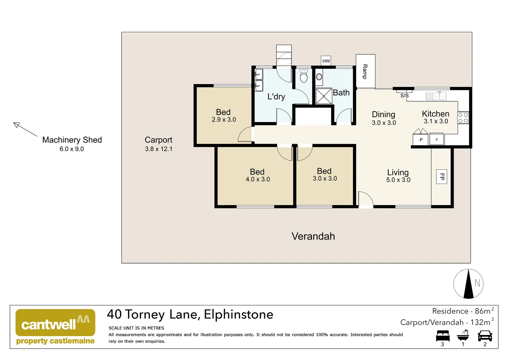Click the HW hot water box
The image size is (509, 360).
(x=326, y=61)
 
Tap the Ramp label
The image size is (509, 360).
(x=365, y=72)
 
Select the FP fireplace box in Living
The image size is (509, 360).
(x=442, y=177)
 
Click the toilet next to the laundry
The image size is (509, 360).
(x=303, y=76)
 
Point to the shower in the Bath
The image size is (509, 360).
(x=324, y=96)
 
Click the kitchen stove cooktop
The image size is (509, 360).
(x=463, y=118)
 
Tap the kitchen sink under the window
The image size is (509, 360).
(x=436, y=96)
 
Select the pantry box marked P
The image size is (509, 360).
(x=420, y=139)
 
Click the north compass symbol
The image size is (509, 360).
(x=468, y=284)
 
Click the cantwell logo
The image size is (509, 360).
(x=55, y=327)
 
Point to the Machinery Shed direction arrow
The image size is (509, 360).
(x=25, y=129)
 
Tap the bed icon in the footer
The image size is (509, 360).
(x=442, y=336)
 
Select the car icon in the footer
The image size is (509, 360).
(x=485, y=336)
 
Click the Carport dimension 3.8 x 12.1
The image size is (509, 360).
(x=159, y=149)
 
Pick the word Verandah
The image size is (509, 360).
(x=313, y=236)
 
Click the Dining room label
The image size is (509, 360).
(x=383, y=115)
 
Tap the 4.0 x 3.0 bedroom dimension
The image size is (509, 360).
(x=257, y=179)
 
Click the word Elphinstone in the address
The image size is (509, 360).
(x=239, y=314)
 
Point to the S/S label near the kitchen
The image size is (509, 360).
(x=404, y=96)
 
